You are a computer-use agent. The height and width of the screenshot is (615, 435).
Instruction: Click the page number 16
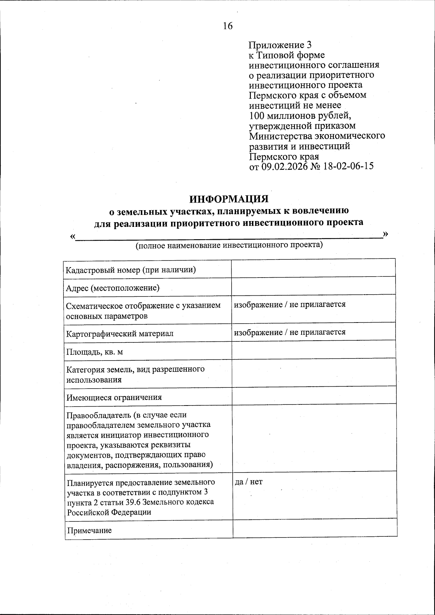coord(228,26)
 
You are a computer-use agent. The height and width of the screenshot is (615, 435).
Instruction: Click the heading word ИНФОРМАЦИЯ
coord(229,199)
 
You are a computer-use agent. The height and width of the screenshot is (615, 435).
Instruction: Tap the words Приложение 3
coord(280,45)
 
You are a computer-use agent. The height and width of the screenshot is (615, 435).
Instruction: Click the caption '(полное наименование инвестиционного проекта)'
coord(229,245)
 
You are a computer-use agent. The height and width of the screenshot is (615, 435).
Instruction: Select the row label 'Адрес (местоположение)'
coord(113,288)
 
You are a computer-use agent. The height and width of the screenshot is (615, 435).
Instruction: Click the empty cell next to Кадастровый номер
coord(313,269)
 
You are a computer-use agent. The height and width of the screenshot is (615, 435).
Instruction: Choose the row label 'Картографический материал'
coord(120,333)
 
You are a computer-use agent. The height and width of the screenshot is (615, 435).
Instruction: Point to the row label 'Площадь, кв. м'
coord(95,352)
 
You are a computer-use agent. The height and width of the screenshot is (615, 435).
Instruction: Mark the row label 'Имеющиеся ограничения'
coord(114,397)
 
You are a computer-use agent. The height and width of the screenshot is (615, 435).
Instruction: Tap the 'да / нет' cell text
coord(249,482)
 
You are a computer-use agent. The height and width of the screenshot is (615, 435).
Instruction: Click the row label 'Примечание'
coord(89,531)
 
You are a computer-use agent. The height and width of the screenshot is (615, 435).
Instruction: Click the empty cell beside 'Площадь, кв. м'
coord(313,350)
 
